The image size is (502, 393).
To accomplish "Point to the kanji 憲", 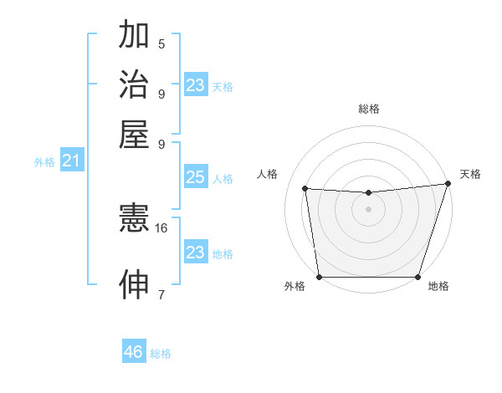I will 134,219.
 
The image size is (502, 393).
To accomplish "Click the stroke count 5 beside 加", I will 161,44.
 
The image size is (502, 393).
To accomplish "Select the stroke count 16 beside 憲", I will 161,227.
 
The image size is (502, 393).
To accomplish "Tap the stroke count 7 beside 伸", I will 161,293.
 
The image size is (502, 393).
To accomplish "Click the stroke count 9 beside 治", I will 161,94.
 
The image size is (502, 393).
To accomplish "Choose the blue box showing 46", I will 134,352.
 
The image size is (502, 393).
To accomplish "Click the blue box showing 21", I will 70,161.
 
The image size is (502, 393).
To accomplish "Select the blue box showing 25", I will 195,177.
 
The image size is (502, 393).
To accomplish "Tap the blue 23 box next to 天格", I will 195,85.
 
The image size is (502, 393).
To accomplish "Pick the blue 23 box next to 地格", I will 195,252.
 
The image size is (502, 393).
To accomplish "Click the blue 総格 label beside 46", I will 161,354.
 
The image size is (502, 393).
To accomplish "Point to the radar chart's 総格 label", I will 368,109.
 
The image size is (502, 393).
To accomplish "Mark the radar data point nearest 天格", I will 448,184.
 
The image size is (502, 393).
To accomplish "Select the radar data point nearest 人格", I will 305,189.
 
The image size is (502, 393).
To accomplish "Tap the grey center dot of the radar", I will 368,209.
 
